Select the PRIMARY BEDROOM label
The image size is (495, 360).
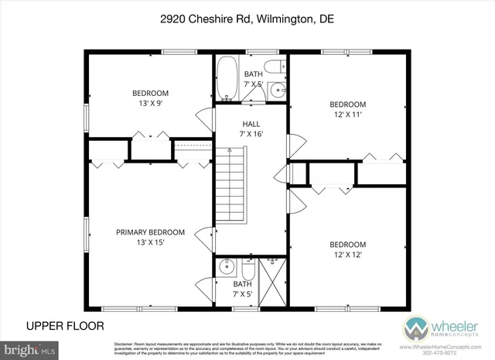pyautogui.click(x=150, y=231)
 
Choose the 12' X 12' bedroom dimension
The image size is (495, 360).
pyautogui.click(x=347, y=254)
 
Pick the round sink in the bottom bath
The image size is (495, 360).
pyautogui.click(x=226, y=269)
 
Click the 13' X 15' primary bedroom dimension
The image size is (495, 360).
pyautogui.click(x=150, y=242)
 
